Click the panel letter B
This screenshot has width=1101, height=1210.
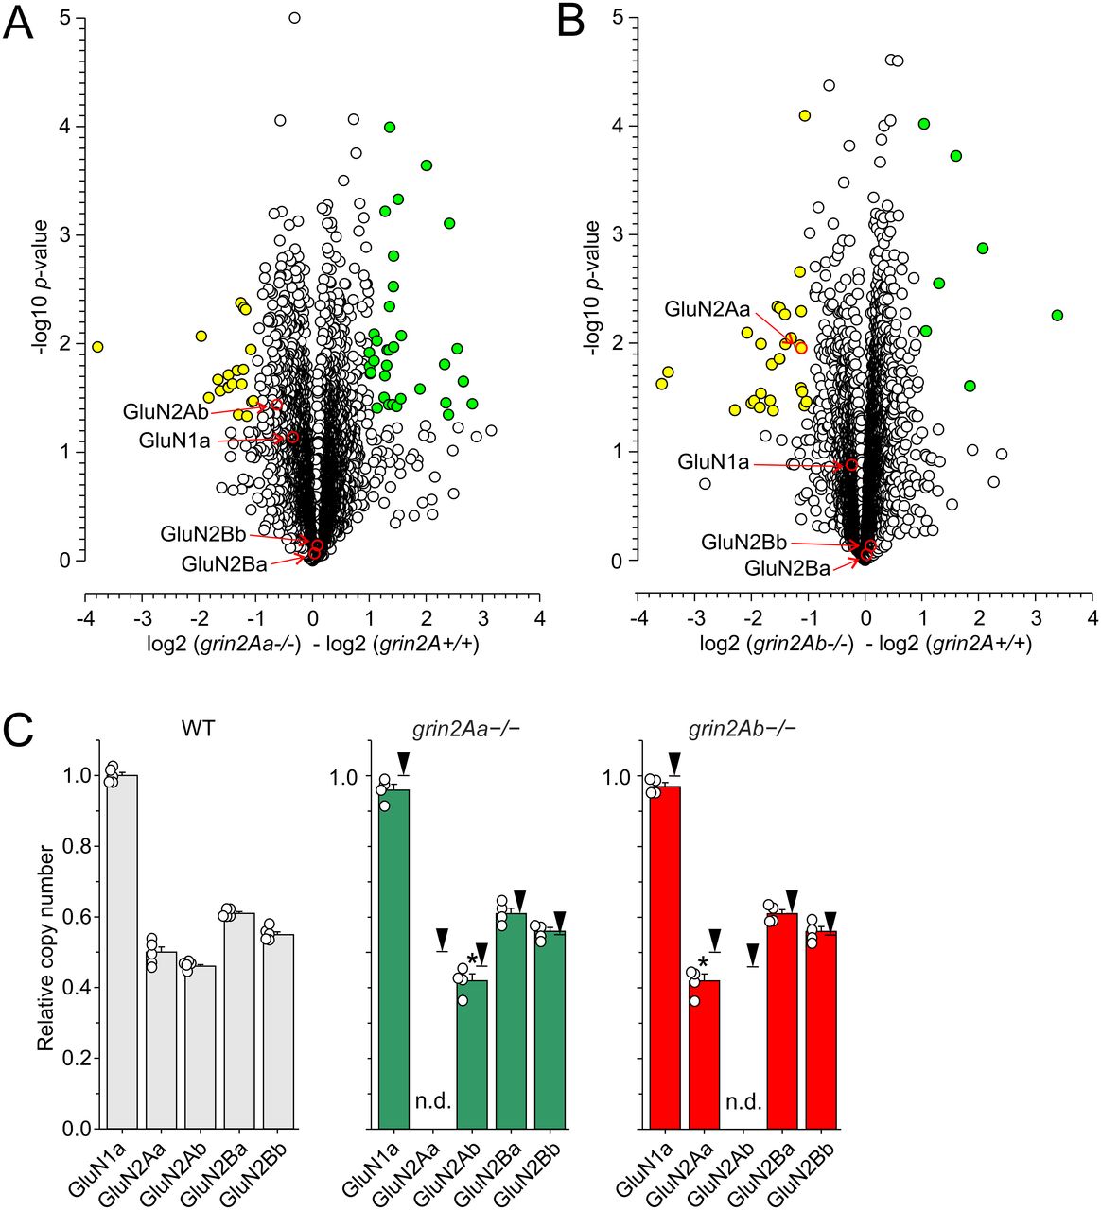pyautogui.click(x=570, y=23)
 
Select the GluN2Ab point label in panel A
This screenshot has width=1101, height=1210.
pyautogui.click(x=165, y=412)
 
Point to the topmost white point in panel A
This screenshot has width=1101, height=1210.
pyautogui.click(x=294, y=17)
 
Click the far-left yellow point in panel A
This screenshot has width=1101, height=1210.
pyautogui.click(x=97, y=347)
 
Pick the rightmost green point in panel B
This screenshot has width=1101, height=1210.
pyautogui.click(x=1057, y=315)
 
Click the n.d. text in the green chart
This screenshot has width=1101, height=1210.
pyautogui.click(x=433, y=1101)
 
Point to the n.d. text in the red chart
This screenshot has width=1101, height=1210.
pyautogui.click(x=743, y=1101)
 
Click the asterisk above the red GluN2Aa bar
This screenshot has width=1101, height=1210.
pyautogui.click(x=702, y=964)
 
